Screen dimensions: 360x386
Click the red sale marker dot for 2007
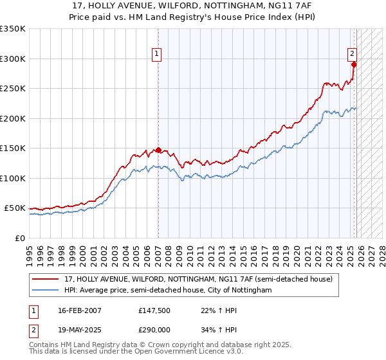[x=158, y=150]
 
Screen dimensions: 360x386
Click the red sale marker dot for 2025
[x=354, y=64]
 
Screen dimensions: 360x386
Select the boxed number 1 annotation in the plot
[x=157, y=55]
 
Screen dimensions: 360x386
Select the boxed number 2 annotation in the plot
[x=353, y=55]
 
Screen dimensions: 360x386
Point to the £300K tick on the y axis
[x=13, y=59]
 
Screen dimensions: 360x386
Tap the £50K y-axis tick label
[x=15, y=208]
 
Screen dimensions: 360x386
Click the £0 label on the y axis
[x=20, y=238]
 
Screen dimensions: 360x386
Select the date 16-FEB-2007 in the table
[x=79, y=310]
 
